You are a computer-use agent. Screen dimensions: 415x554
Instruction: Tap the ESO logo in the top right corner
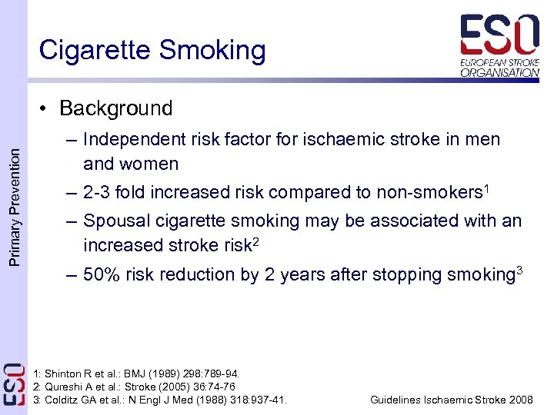pyautogui.click(x=500, y=45)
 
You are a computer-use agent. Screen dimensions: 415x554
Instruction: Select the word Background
pyautogui.click(x=115, y=108)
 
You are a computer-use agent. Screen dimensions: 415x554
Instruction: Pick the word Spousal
pyautogui.click(x=114, y=221)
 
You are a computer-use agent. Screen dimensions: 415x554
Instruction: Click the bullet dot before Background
pyautogui.click(x=47, y=109)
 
